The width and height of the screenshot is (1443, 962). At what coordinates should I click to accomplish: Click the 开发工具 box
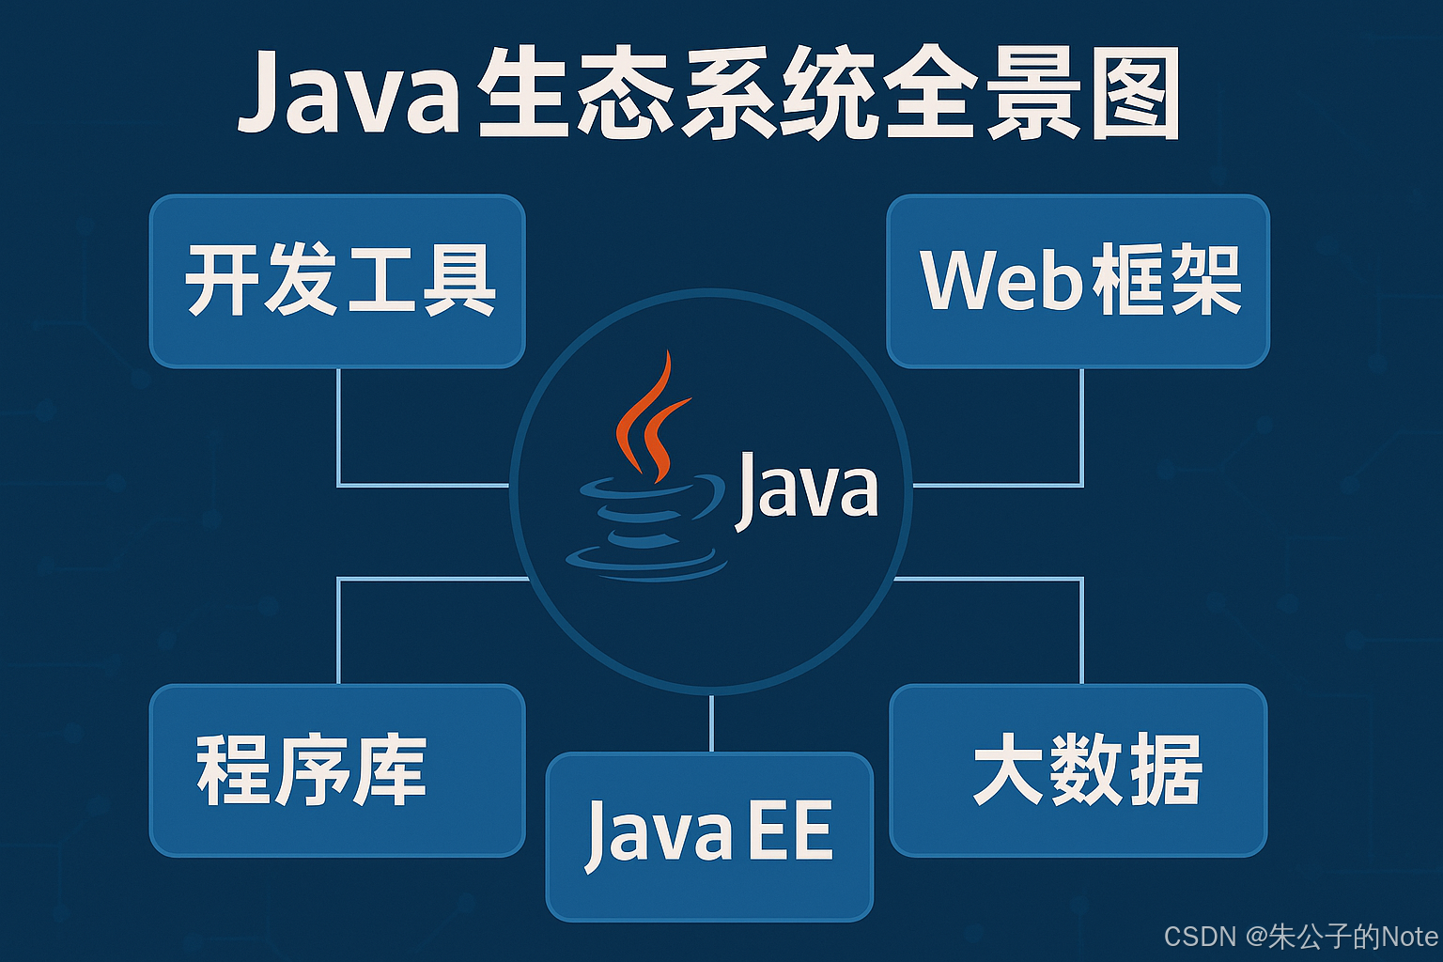tap(337, 281)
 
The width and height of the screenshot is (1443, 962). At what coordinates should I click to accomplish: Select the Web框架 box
tap(1078, 281)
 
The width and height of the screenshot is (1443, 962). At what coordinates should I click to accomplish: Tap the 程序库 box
tap(337, 770)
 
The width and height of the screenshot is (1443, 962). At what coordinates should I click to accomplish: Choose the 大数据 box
tap(1078, 770)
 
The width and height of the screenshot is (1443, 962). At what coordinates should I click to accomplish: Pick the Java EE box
tap(709, 836)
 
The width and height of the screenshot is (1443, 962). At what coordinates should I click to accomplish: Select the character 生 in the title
tap(526, 94)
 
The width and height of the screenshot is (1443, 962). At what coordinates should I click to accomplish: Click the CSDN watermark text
tap(1200, 937)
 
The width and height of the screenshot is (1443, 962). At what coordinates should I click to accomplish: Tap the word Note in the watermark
tap(1409, 937)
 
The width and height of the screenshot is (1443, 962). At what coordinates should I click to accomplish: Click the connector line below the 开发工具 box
tap(338, 427)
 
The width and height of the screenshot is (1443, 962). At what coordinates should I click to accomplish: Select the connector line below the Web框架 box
tap(1082, 427)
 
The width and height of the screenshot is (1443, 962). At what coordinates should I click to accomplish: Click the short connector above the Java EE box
tap(711, 723)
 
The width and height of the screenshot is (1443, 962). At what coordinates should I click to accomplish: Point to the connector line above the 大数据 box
tap(1082, 629)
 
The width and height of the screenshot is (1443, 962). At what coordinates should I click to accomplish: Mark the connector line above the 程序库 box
tap(338, 629)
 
